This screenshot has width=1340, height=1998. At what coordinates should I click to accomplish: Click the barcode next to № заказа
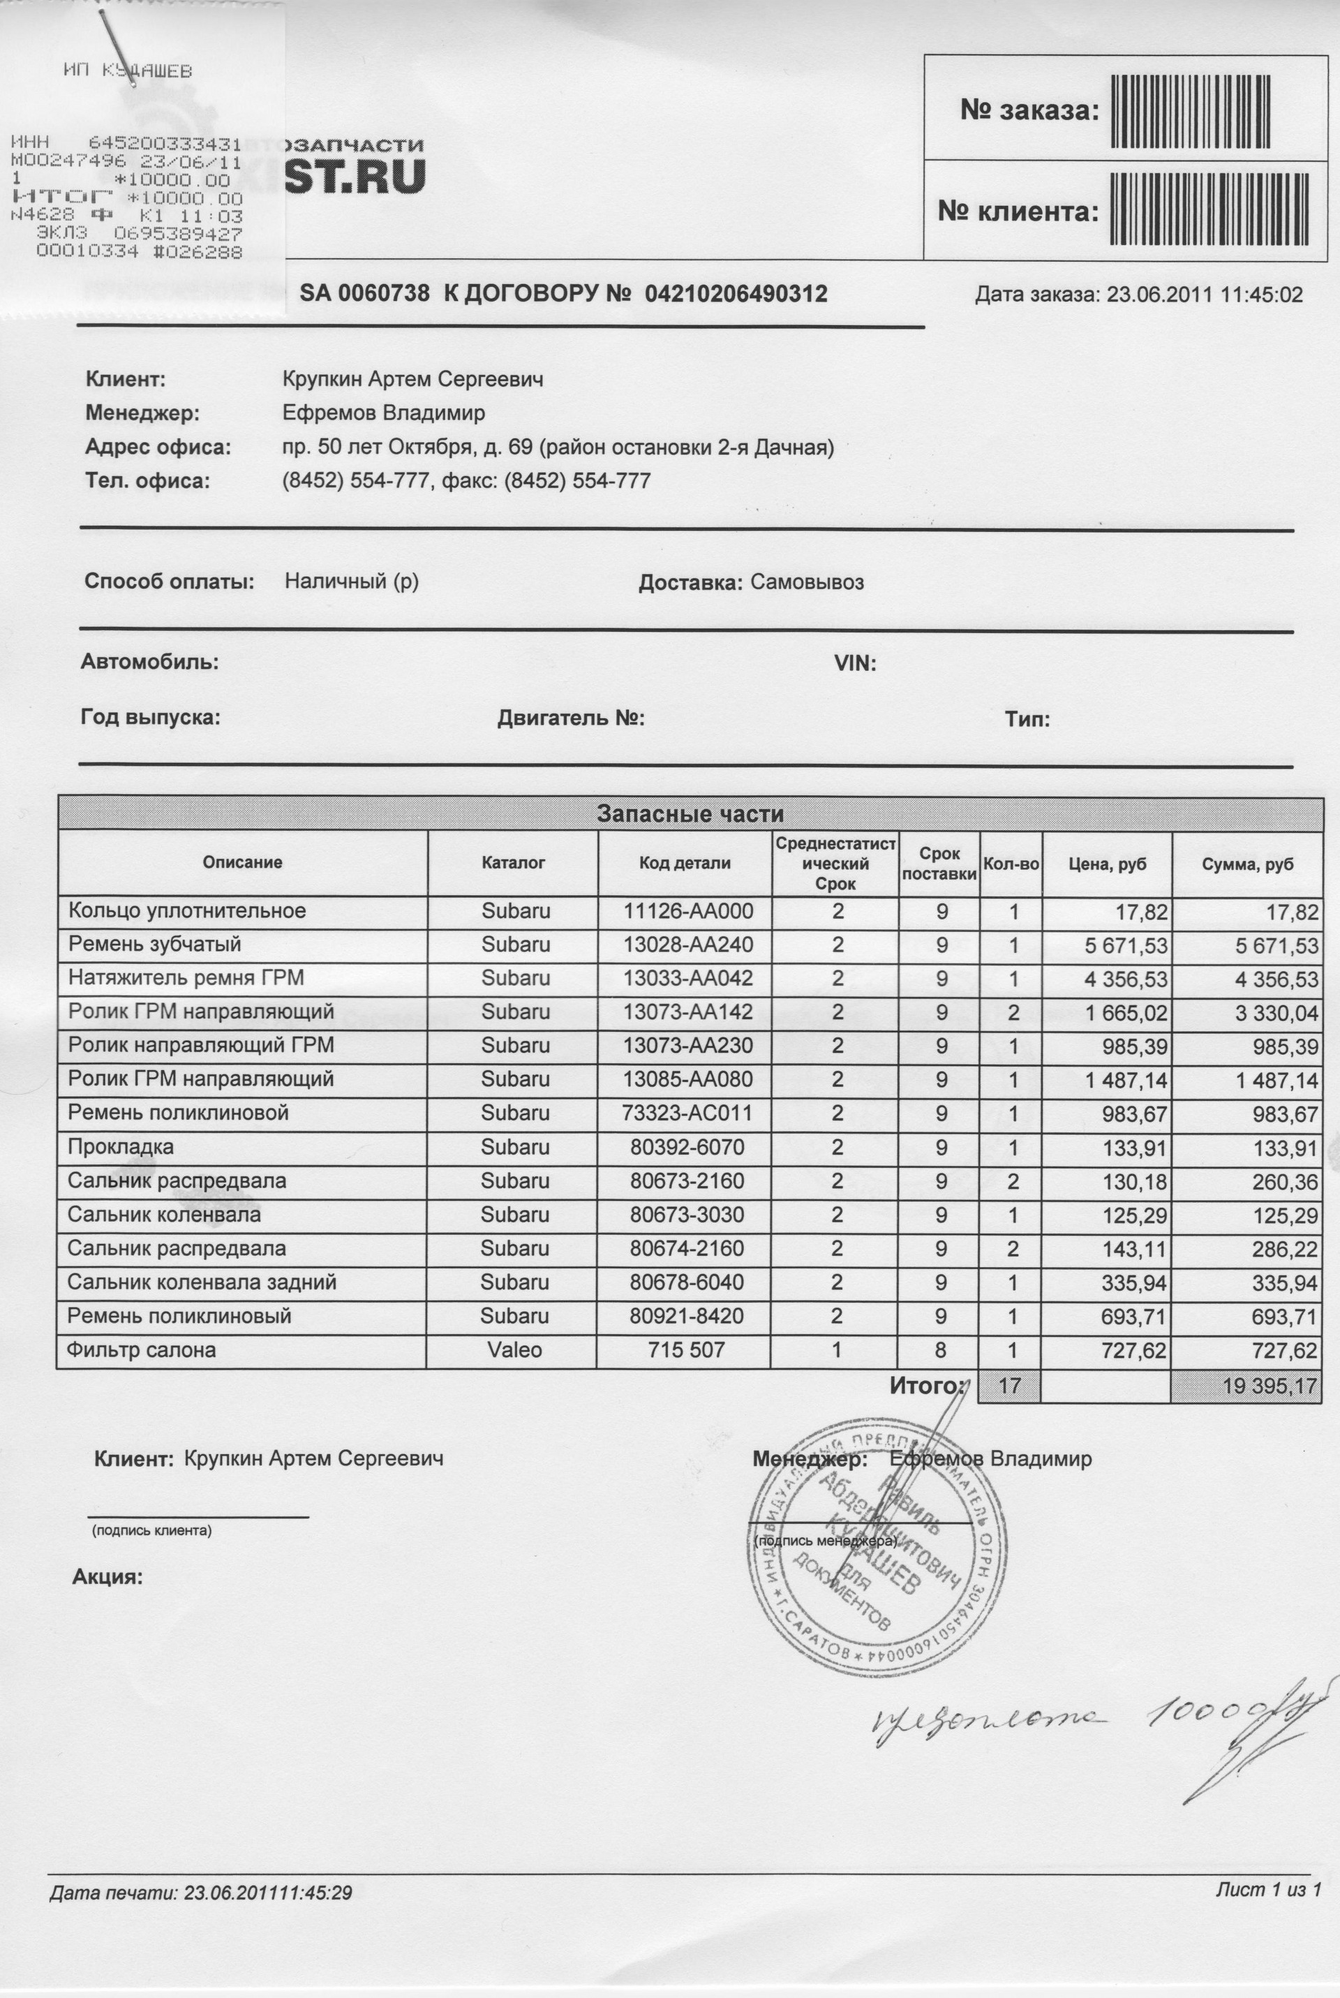click(x=1189, y=111)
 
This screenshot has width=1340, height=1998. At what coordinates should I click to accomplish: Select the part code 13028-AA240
click(x=688, y=945)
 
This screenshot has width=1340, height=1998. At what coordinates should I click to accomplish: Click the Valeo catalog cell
click(x=514, y=1349)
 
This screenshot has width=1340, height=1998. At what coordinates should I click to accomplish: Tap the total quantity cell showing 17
click(x=1009, y=1384)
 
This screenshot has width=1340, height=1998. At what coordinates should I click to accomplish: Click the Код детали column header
click(x=685, y=863)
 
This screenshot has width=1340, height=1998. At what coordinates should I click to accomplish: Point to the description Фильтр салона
click(x=142, y=1350)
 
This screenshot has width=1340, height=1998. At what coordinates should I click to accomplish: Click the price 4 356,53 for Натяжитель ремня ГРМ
click(x=1126, y=979)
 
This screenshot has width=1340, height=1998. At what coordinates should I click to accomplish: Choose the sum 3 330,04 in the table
click(x=1276, y=1014)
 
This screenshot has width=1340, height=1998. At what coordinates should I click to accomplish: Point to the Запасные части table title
click(x=690, y=813)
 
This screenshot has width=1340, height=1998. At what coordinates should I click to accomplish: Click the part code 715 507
click(x=686, y=1350)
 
